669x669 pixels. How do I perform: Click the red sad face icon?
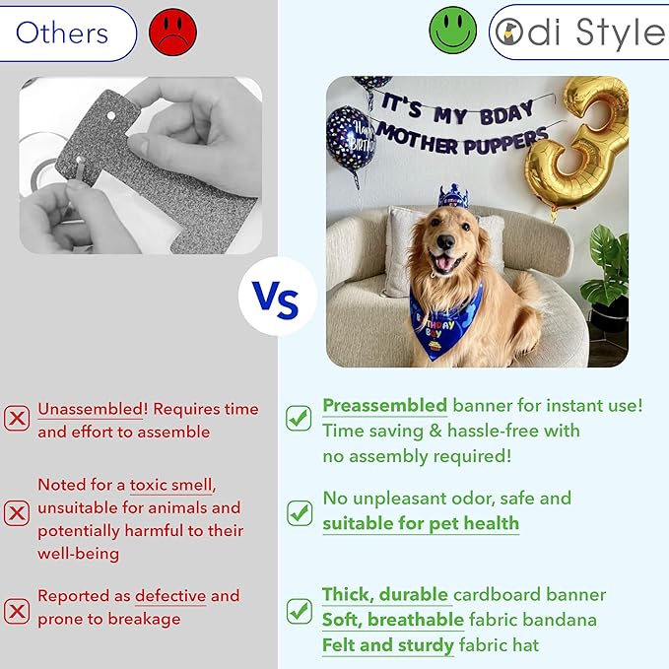pos(172,32)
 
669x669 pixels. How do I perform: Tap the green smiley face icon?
pos(452,30)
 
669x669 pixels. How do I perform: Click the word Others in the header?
pos(62,33)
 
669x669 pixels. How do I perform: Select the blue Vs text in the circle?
pos(275,300)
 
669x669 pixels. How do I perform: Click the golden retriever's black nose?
pos(445,242)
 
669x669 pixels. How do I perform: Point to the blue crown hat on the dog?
pos(453,196)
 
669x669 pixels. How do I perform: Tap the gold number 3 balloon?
pos(576,145)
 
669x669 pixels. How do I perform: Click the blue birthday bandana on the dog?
pos(443,322)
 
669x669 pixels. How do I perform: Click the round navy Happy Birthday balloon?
pos(351,140)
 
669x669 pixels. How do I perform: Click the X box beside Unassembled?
pos(17,418)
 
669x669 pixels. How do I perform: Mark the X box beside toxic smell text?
pos(17,513)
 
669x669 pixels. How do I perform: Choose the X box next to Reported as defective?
pos(17,611)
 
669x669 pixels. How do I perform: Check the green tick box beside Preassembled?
pos(299,418)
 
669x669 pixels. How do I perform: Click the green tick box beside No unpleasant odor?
pos(300,512)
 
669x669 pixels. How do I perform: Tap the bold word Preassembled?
pos(385,405)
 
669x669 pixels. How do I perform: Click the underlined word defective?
pos(170,596)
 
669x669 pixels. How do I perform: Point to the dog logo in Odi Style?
pos(509,32)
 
